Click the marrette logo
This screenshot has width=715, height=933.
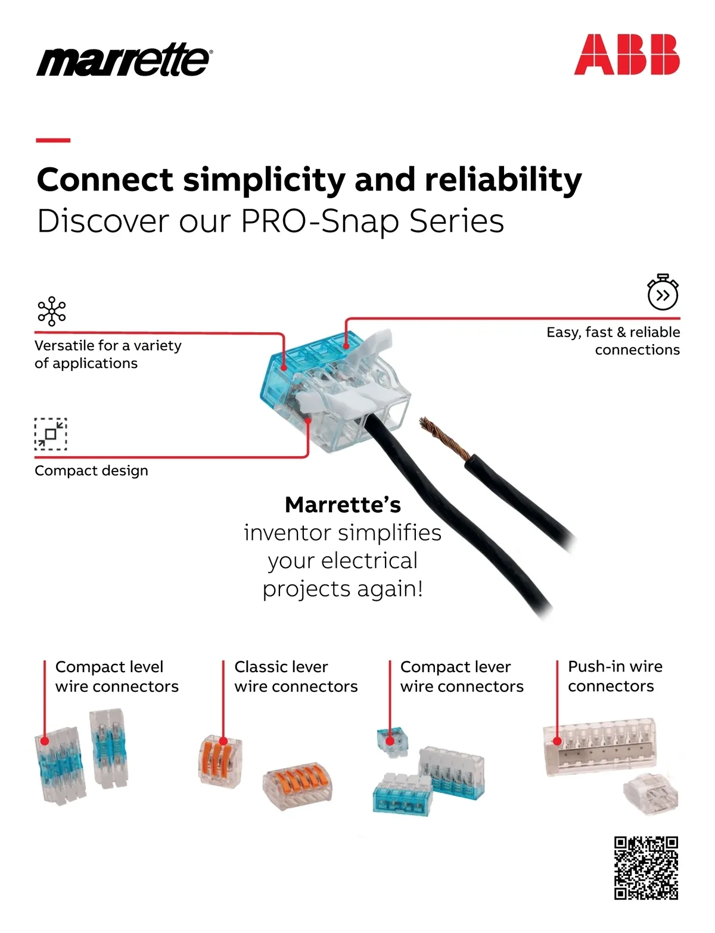point(124,60)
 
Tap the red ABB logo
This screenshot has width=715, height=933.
point(626,54)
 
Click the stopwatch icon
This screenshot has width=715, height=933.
point(663,292)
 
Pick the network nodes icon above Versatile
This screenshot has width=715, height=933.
point(52,311)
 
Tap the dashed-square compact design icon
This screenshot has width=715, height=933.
point(51,433)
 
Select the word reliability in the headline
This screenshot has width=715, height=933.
point(503,180)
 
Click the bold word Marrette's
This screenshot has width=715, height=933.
point(343,504)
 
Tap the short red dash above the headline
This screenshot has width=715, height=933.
point(53,140)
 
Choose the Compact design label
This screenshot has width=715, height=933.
point(91,470)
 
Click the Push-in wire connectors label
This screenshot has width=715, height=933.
point(615,676)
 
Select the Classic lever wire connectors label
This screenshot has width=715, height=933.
point(296,676)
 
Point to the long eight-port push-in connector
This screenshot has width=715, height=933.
point(599,746)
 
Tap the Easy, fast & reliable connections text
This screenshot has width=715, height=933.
point(613,341)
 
